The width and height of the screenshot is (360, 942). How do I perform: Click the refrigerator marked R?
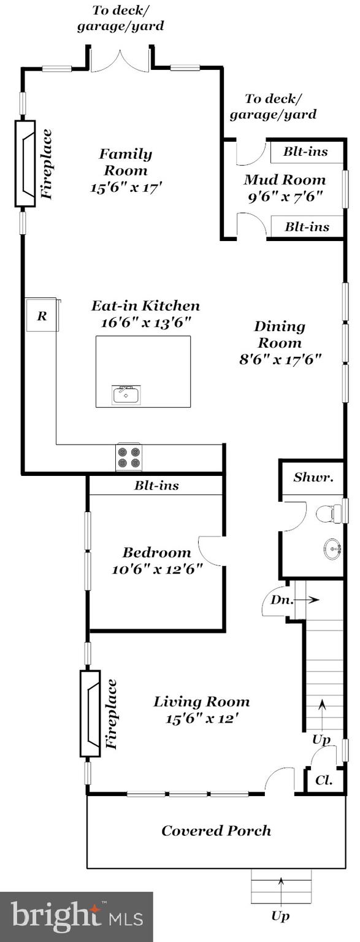(x=42, y=316)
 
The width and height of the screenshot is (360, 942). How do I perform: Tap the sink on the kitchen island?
(x=126, y=395)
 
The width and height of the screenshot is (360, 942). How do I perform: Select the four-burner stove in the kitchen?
(x=129, y=458)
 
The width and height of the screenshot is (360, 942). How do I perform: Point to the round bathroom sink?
(x=333, y=548)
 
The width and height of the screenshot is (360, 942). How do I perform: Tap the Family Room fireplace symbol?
(x=26, y=163)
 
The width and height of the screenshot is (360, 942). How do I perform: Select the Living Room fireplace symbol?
(x=90, y=713)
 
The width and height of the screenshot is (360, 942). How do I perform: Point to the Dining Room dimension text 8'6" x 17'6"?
(x=280, y=359)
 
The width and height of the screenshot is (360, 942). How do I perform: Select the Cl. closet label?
(x=324, y=781)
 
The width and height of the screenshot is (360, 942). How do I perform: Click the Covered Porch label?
(x=216, y=830)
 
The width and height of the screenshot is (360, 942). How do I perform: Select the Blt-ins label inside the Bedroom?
(x=156, y=486)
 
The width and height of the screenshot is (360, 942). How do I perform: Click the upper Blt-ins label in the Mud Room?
(x=305, y=151)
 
